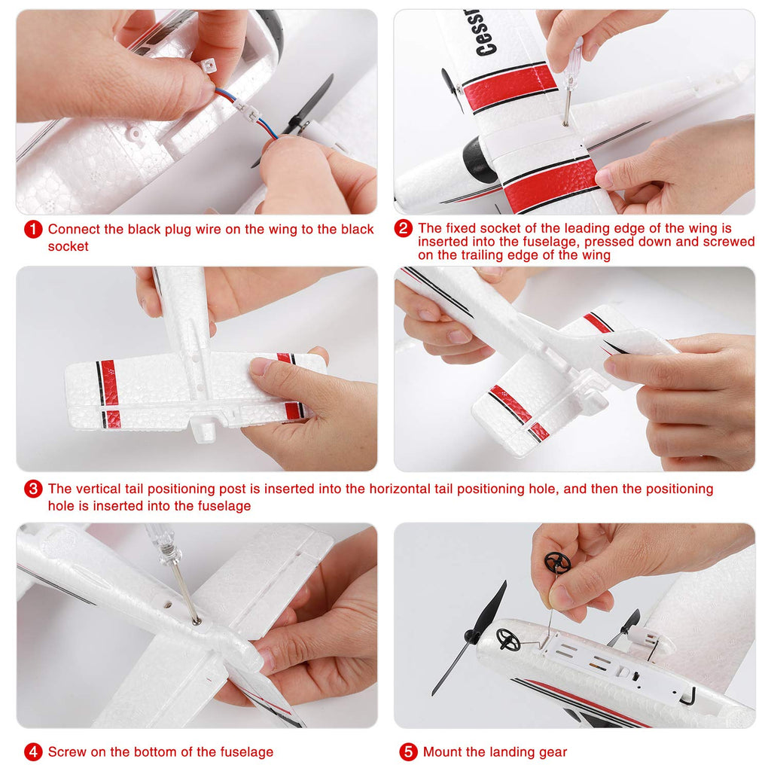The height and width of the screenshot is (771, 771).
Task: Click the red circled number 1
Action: pyautogui.click(x=33, y=229)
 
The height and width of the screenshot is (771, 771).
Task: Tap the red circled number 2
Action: pyautogui.click(x=404, y=228)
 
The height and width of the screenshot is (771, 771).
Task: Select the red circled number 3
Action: pyautogui.click(x=33, y=489)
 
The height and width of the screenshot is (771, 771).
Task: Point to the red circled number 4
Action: pyautogui.click(x=33, y=752)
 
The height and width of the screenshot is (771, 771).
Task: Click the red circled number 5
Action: pyautogui.click(x=408, y=752)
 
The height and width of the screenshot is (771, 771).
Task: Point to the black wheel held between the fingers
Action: pyautogui.click(x=557, y=562)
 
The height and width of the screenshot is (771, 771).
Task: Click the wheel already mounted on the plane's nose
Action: pyautogui.click(x=508, y=640)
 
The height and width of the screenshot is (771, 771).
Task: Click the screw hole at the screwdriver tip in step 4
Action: pyautogui.click(x=197, y=623)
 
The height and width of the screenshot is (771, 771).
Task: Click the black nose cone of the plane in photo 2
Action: pyautogui.click(x=476, y=160)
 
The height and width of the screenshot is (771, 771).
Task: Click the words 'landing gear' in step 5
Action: pyautogui.click(x=528, y=752)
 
